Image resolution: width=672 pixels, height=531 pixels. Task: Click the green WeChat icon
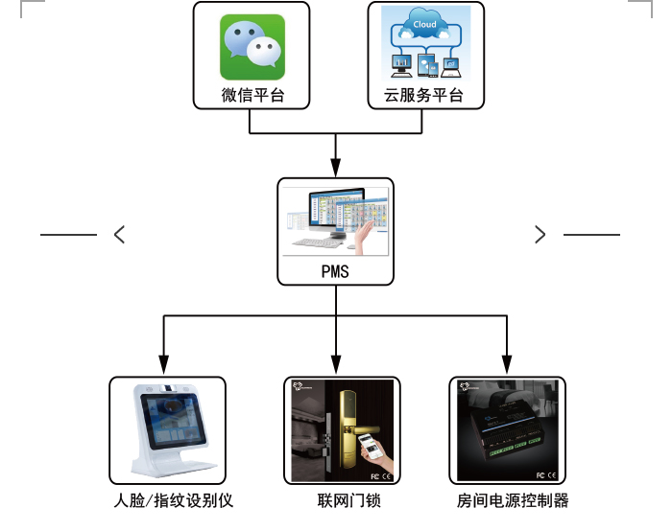pos(252,48)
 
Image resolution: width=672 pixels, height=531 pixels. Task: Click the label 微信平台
pos(252,97)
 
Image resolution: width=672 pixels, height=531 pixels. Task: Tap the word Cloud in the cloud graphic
pos(423,24)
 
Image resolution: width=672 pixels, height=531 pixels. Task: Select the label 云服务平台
pos(423,97)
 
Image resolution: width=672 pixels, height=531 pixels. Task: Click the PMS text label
pos(335,271)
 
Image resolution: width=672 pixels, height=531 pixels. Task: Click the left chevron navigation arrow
pos(119,234)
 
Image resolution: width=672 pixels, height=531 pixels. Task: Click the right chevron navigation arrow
pos(540,234)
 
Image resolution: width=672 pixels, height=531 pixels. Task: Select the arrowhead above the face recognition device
pos(164,364)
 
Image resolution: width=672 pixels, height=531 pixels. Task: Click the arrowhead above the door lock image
pos(335,364)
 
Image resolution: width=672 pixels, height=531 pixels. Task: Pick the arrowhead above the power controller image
pos(506,364)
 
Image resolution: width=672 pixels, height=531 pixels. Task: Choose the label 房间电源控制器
pos(513,501)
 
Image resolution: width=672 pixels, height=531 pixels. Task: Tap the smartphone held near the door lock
pos(369,447)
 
